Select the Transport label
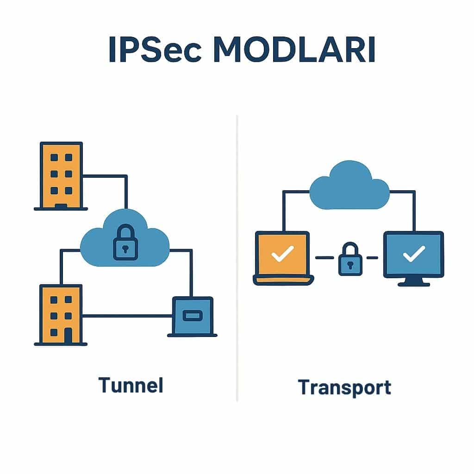click(x=344, y=387)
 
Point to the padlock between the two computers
click(x=350, y=261)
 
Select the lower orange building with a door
click(x=61, y=315)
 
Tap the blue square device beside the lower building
click(x=193, y=316)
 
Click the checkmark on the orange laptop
click(x=282, y=254)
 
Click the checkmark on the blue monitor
click(x=414, y=254)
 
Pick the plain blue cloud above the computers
click(x=349, y=185)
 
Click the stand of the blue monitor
click(x=413, y=281)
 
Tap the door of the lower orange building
click(x=68, y=336)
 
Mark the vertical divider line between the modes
click(x=237, y=259)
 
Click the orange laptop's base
click(x=283, y=280)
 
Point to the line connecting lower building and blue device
click(x=127, y=316)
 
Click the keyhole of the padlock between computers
click(x=350, y=265)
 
